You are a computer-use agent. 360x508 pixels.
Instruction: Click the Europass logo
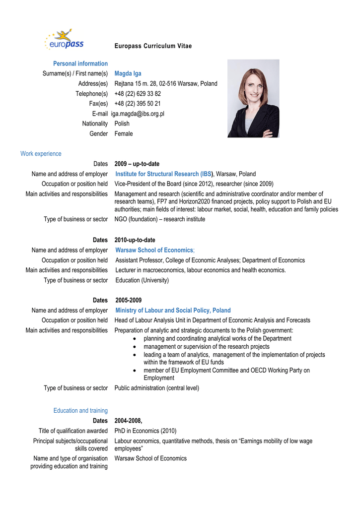pos(64,40)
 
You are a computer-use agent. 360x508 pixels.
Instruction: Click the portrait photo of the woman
pos(253,98)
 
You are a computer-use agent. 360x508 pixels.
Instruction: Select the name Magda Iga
pos(128,73)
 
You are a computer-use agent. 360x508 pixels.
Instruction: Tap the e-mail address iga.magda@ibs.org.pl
pos(138,114)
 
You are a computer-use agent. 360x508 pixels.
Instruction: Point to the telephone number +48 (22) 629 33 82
pos(138,94)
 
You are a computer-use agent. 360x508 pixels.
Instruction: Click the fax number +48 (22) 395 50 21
pos(138,104)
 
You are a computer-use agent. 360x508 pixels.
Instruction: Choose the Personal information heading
pos(80,63)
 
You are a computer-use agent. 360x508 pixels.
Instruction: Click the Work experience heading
pos(41,154)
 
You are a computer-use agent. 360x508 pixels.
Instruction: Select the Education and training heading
pos(80,410)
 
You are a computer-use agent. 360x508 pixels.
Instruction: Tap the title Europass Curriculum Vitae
pos(153,46)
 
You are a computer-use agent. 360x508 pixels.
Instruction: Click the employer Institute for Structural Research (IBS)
pos(164,174)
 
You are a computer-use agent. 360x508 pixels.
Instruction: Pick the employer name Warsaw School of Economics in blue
pos(154,250)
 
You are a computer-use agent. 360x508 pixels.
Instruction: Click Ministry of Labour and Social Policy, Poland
pos(173,311)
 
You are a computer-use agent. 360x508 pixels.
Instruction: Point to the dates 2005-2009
pos(128,300)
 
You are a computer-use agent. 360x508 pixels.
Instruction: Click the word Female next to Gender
pos(124,133)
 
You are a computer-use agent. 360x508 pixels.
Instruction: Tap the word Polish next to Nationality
pos(122,124)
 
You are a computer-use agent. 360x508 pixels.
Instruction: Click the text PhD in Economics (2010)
pos(145,431)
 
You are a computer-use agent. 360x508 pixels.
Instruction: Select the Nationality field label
pos(95,124)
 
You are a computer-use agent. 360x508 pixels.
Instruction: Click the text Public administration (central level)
pos(156,388)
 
